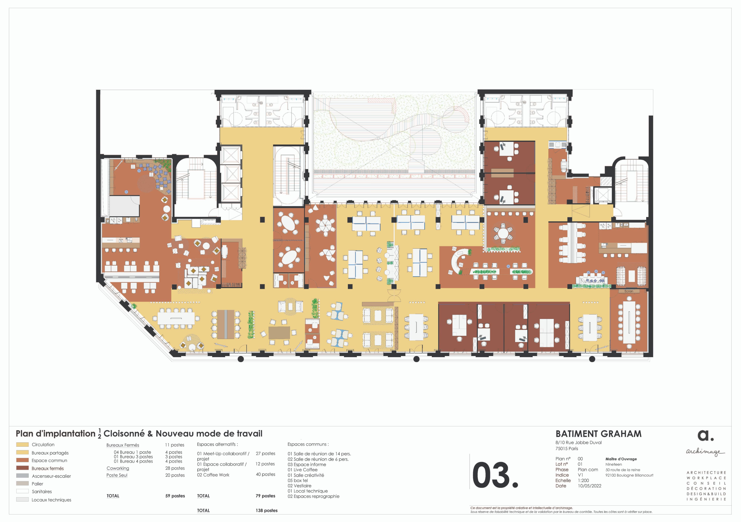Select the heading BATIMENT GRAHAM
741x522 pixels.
click(x=598, y=434)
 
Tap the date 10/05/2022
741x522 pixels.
click(x=589, y=486)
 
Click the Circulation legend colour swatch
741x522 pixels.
click(x=22, y=444)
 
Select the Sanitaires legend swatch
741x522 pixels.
click(x=22, y=491)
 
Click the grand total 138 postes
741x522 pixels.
click(x=267, y=510)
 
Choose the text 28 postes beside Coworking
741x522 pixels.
click(x=175, y=468)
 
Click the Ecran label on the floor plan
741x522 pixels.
click(x=629, y=291)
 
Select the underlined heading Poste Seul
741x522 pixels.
click(x=117, y=475)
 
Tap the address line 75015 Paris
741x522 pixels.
click(x=567, y=449)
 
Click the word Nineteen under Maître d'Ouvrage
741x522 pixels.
click(x=614, y=464)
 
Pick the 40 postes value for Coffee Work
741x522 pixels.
click(x=265, y=474)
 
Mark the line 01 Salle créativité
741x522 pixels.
click(x=306, y=475)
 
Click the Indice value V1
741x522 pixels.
click(x=580, y=475)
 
